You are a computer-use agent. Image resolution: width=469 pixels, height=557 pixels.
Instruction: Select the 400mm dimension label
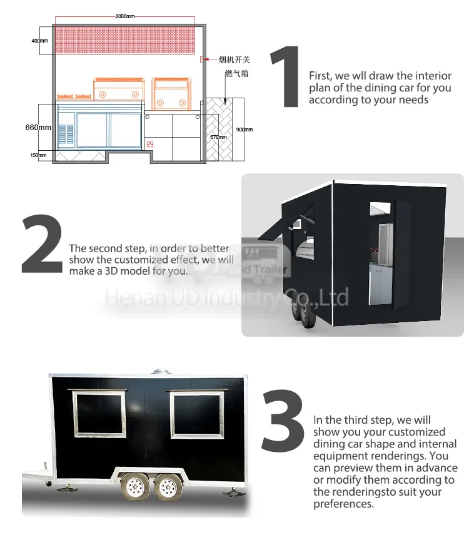(39, 41)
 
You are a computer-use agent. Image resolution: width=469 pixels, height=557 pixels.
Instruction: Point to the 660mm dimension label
(38, 127)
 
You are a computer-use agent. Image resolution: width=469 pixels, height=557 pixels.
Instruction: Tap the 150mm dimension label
(38, 155)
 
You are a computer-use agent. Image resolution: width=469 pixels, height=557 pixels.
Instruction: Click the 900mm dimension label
(244, 130)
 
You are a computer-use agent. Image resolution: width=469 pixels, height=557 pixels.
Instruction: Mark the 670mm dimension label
(217, 136)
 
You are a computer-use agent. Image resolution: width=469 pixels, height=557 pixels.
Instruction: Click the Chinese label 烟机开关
(234, 60)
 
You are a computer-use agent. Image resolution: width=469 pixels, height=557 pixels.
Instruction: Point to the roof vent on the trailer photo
(161, 371)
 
